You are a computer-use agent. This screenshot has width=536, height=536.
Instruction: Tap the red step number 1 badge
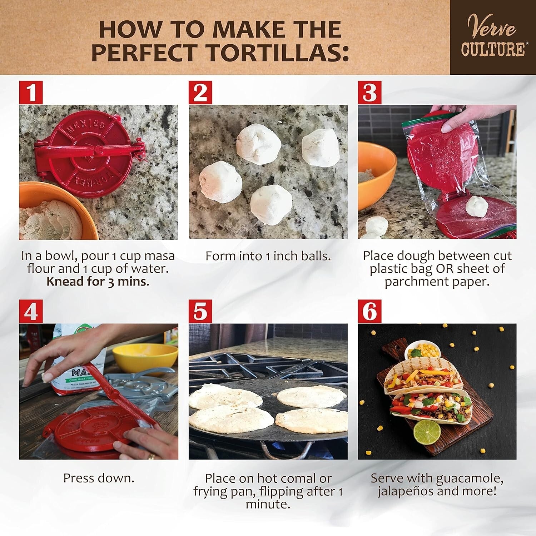(x=31, y=92)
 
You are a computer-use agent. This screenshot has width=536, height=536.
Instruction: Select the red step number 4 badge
(x=31, y=312)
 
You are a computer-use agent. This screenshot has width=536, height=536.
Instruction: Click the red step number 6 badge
(x=369, y=312)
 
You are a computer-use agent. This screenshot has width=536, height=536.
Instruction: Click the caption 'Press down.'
(x=99, y=478)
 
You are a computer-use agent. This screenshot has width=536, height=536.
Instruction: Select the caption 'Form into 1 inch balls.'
(x=268, y=256)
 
